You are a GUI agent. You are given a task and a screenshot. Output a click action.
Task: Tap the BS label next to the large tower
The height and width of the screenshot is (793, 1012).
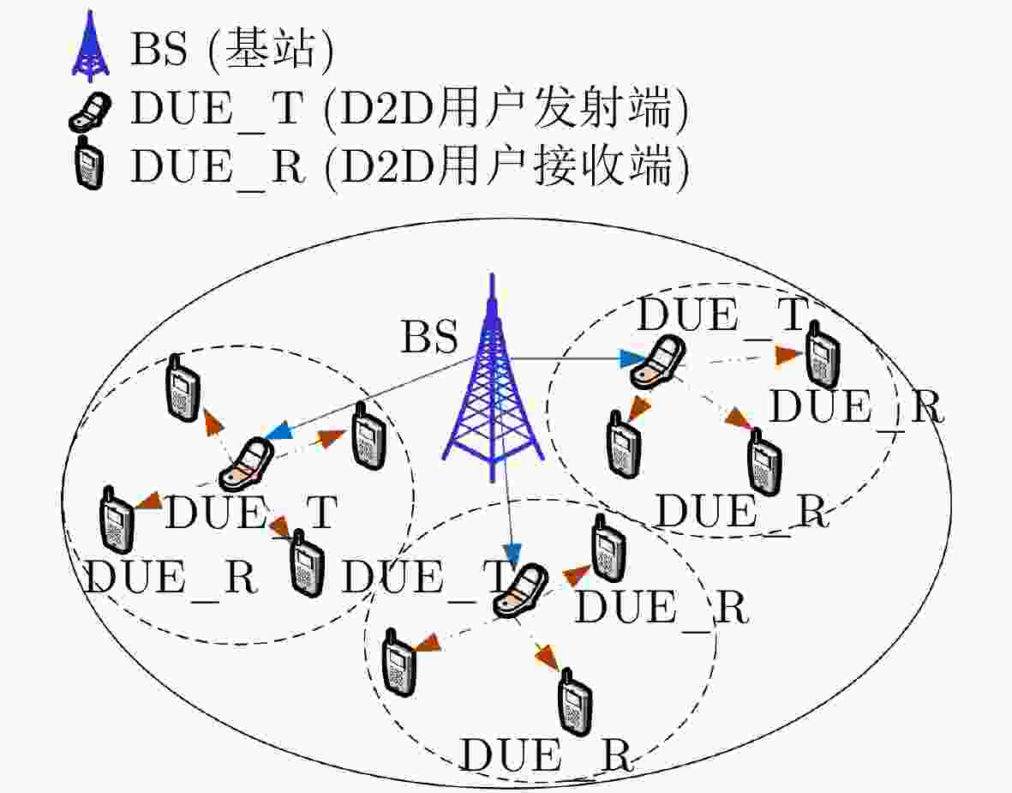430,337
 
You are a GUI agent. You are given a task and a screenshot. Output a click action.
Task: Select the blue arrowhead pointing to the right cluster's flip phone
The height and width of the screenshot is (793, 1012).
631,359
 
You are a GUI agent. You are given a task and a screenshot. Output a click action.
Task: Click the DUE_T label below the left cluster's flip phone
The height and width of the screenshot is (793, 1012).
251,513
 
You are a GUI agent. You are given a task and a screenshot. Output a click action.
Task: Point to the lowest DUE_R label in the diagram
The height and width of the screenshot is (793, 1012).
545,754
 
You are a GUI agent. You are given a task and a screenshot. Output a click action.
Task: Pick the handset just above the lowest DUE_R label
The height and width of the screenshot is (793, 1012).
574,703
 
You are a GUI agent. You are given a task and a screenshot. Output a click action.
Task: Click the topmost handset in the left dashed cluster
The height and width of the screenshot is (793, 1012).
183,388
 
